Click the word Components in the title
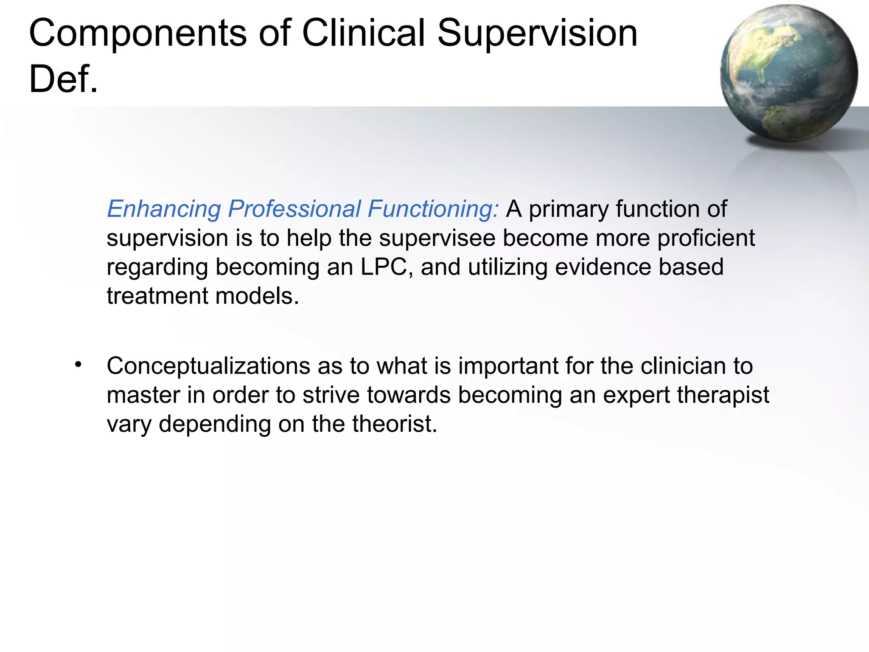tap(137, 34)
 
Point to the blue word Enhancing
tap(164, 209)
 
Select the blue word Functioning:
tap(433, 209)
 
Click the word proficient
tap(706, 238)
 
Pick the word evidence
tap(603, 267)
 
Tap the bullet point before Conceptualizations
tap(78, 365)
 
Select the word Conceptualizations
tap(208, 366)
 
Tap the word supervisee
tap(437, 238)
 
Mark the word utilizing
tap(507, 267)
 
